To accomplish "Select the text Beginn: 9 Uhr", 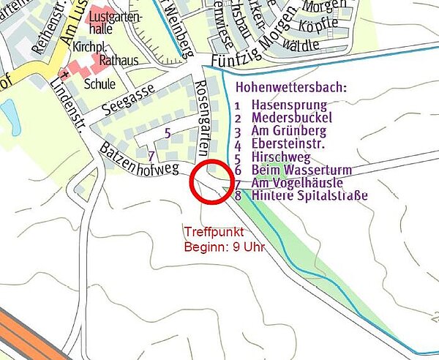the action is click(222, 247).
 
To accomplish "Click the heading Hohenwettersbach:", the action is click(292, 87).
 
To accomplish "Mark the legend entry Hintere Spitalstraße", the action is click(309, 196).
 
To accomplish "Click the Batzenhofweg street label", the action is click(138, 159).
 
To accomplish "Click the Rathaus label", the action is click(116, 60).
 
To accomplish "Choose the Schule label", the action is click(100, 83).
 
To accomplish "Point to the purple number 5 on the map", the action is click(168, 133).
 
